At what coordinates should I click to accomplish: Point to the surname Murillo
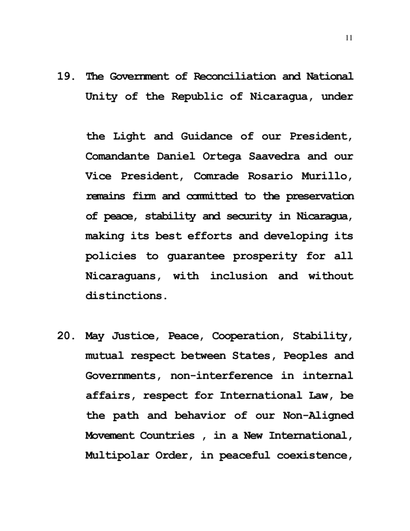click(x=329, y=176)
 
